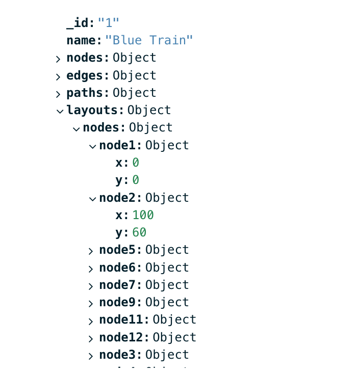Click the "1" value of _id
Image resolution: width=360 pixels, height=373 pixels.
point(108,23)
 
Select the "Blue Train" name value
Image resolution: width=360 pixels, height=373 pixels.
point(149,40)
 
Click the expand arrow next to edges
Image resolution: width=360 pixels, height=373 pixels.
point(58,76)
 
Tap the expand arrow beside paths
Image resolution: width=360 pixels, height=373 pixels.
point(58,94)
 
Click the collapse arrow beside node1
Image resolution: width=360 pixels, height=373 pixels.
point(92,146)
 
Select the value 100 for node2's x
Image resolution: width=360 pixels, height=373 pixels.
point(143,215)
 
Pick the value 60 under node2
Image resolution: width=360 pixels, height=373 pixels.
point(139,232)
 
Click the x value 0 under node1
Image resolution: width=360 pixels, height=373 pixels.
point(136,163)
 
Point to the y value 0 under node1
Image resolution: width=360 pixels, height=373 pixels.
point(136,180)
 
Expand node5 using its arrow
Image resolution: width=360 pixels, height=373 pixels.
point(91,251)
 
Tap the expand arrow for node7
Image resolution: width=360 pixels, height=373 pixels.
point(91,286)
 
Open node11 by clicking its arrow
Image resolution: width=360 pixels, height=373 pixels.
point(91,321)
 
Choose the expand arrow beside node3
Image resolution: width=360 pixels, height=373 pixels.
point(91,356)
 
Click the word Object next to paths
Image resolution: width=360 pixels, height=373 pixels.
point(134,93)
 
